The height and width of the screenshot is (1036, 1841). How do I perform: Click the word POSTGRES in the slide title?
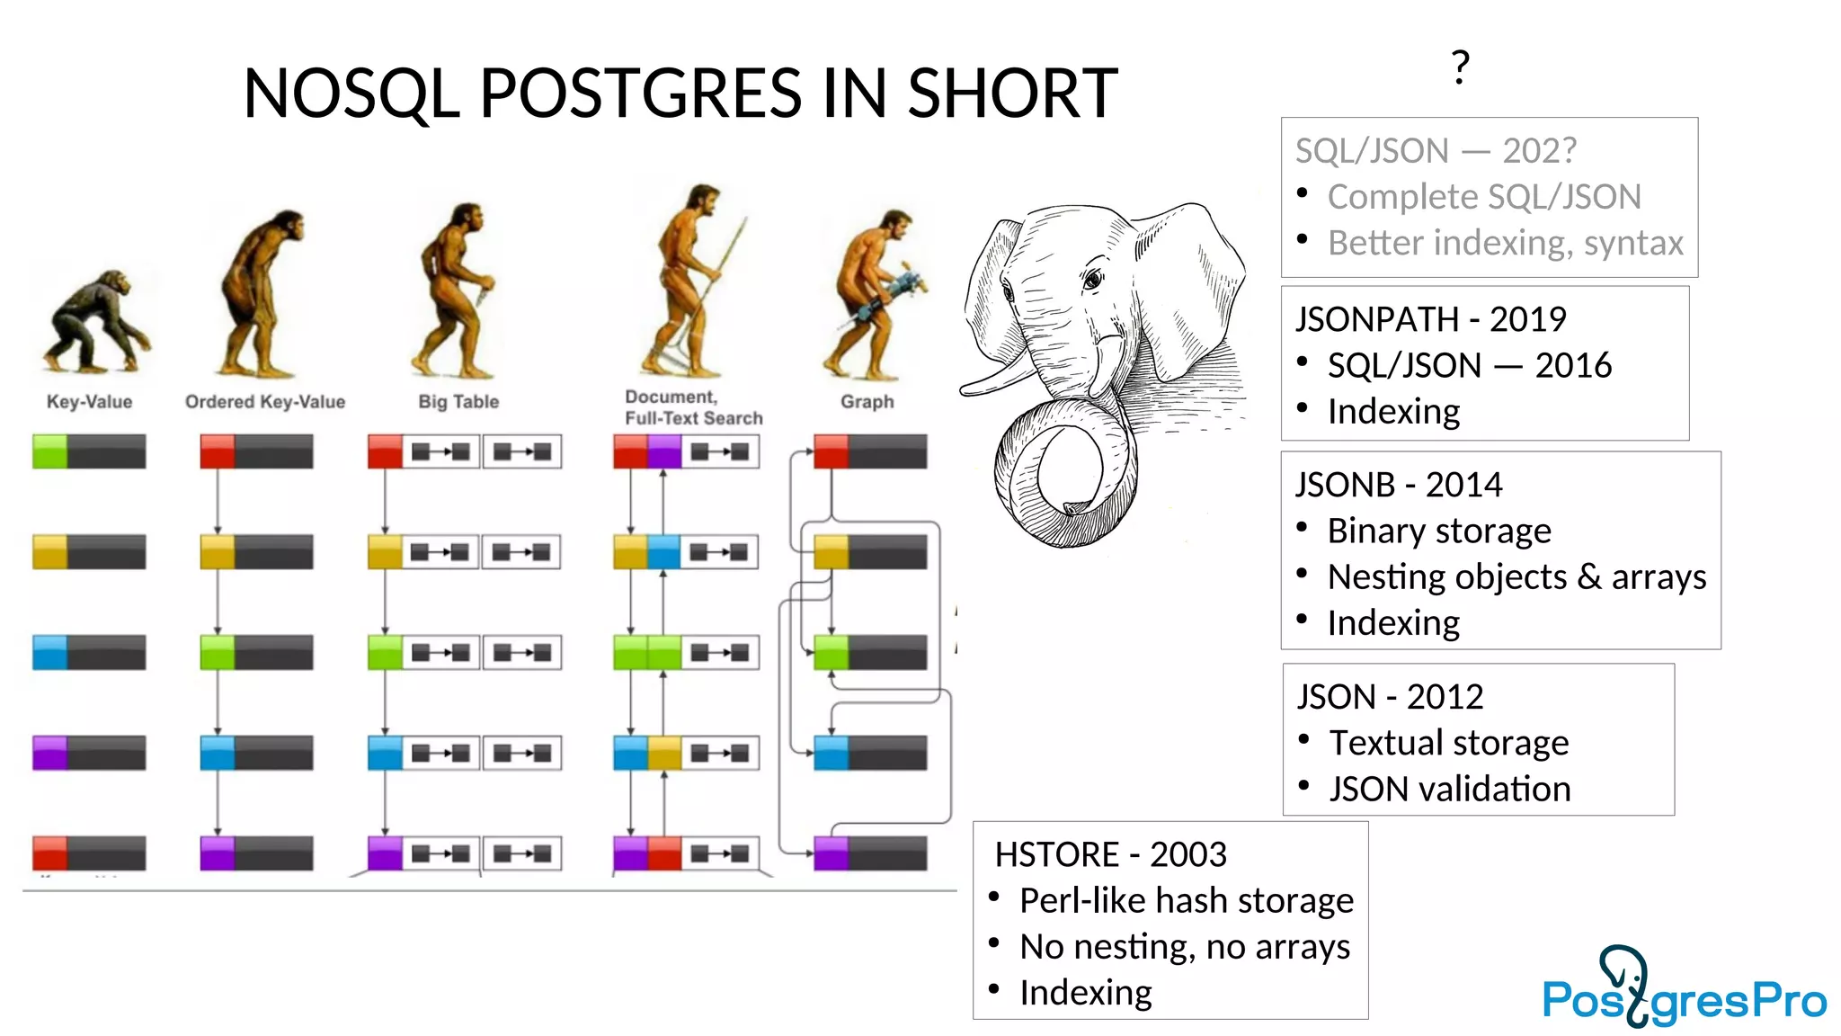tap(640, 94)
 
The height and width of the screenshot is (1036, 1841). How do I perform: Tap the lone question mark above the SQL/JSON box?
tap(1460, 67)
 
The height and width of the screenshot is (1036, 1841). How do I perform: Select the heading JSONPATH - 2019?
tap(1430, 319)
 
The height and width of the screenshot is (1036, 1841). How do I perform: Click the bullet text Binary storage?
tap(1438, 531)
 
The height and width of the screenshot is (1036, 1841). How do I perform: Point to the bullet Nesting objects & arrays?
tap(1516, 576)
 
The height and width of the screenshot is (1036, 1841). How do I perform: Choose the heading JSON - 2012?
tap(1390, 697)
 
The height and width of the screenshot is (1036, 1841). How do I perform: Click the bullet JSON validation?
tap(1449, 789)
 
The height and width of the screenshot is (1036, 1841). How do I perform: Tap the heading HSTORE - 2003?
tap(1110, 854)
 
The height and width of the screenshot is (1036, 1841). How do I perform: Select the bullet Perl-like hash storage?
tap(1186, 900)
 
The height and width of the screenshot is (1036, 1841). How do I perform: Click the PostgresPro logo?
tap(1683, 989)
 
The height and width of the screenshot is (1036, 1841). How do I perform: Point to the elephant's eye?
tap(1093, 280)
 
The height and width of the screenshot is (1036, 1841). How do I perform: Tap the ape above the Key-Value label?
tap(94, 324)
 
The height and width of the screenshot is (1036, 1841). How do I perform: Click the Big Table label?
tap(458, 402)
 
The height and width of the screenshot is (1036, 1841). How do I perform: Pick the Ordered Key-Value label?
tap(265, 402)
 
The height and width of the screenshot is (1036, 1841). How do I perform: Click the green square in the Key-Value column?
tap(49, 451)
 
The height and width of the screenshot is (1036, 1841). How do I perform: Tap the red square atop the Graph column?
tap(832, 451)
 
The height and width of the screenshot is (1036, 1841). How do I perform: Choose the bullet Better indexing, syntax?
tap(1505, 243)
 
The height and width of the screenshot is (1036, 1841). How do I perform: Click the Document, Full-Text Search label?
tap(693, 407)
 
